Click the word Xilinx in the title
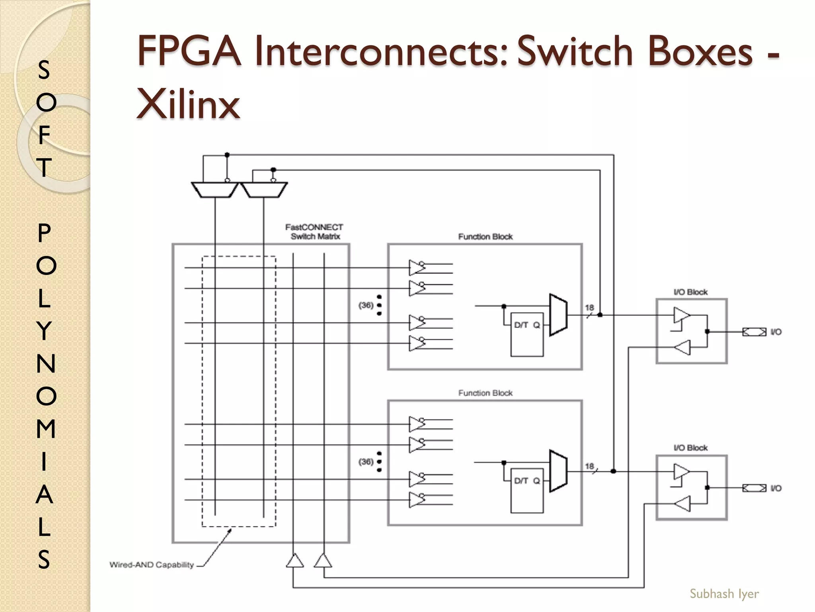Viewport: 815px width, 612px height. (188, 104)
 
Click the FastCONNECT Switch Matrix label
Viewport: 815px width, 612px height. (314, 232)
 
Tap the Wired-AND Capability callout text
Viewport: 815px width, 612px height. (152, 565)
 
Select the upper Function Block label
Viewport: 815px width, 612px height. (485, 237)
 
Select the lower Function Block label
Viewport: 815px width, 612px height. (485, 393)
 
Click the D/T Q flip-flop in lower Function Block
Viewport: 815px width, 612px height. (527, 490)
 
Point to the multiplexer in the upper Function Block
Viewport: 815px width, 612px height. (558, 315)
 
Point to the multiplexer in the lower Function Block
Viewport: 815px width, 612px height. (558, 471)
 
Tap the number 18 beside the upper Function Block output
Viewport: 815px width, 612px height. (589, 308)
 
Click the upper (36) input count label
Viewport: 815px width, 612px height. (366, 305)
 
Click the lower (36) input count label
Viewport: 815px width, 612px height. (366, 461)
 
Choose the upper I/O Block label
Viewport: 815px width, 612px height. (690, 292)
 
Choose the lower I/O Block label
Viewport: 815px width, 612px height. (690, 448)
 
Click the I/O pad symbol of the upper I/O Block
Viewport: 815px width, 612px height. (754, 332)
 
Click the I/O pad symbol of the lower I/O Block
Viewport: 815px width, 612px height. (754, 488)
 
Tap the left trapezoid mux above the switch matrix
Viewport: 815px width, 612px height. (215, 190)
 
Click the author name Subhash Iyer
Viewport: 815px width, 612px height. (724, 594)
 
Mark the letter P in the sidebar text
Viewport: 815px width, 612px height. (45, 233)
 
